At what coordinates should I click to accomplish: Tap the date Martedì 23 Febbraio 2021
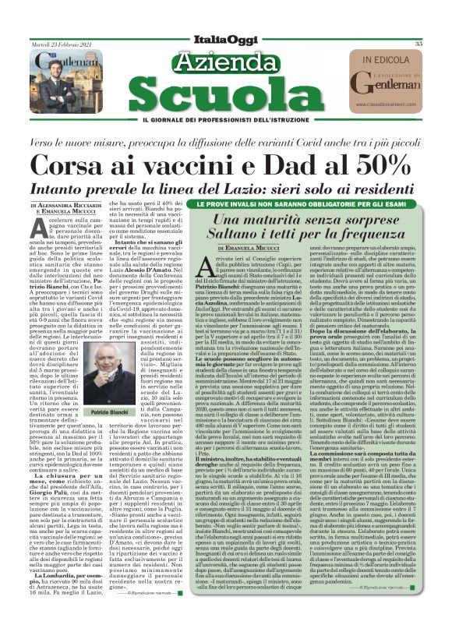(x=59, y=44)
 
